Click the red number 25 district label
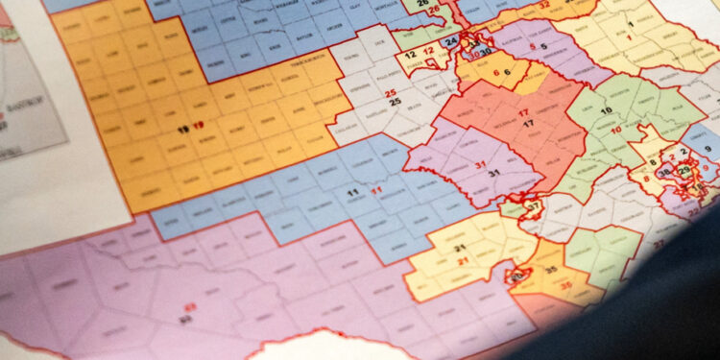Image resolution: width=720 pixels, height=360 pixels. (391, 92)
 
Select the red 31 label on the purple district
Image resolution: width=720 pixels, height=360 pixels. (479, 164)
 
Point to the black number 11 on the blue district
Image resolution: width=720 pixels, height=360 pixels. (352, 193)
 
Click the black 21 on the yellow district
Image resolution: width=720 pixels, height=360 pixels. (460, 248)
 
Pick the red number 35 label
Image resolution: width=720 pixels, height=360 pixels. (565, 285)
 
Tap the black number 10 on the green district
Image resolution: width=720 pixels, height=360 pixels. (606, 111)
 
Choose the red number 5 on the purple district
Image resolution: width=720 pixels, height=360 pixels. (534, 45)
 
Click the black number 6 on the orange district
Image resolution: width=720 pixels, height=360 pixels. (507, 73)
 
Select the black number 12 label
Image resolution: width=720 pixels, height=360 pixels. (410, 56)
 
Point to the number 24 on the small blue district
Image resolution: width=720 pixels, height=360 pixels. (450, 42)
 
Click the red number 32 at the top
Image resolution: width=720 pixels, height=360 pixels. (543, 4)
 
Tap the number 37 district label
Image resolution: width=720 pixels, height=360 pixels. (533, 206)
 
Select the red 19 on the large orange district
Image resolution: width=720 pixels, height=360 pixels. (198, 126)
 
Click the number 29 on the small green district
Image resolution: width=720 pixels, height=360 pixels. (684, 170)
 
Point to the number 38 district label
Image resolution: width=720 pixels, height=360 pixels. (663, 173)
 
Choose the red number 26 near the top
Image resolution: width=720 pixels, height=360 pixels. (433, 10)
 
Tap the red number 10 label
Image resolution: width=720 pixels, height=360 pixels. (615, 129)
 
